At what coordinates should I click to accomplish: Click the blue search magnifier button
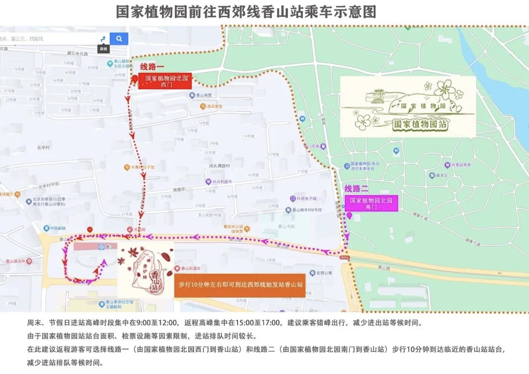(119, 39)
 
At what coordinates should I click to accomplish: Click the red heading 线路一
(152, 67)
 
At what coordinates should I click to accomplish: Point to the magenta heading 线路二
(356, 189)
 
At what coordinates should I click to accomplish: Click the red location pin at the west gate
(135, 79)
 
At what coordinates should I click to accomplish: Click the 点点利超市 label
(221, 181)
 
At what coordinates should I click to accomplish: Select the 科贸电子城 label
(306, 199)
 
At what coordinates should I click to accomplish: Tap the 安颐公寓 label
(324, 273)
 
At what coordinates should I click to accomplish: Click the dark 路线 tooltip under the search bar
(103, 49)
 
